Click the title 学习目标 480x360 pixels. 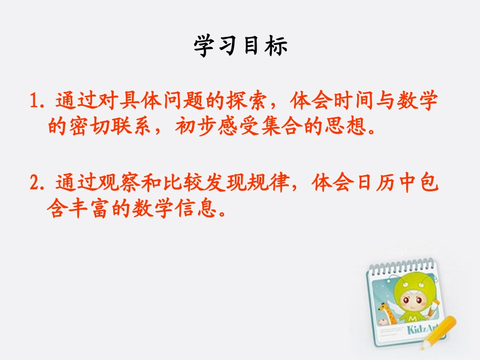(241, 46)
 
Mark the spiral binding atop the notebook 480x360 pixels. (402, 266)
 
